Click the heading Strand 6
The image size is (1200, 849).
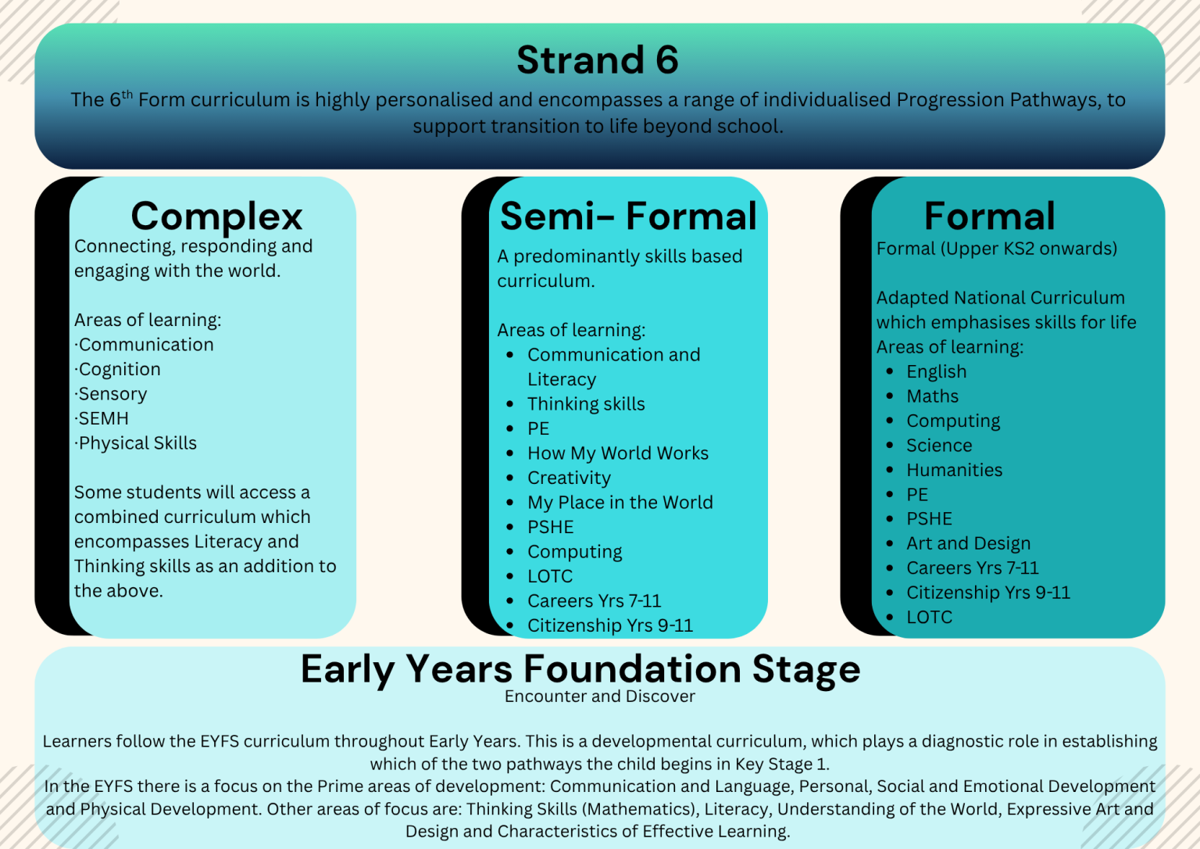pos(598,60)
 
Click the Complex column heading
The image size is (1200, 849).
pos(216,216)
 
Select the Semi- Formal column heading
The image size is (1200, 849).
pos(628,216)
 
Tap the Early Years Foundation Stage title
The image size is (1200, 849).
pos(580,669)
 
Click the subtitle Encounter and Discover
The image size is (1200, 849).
pos(599,697)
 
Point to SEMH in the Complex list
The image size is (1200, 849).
pos(103,418)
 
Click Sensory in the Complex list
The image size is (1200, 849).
pos(112,394)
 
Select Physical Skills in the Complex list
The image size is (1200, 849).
pos(137,443)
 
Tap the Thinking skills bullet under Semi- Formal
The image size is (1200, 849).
pos(586,404)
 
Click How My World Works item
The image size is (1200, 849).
pos(618,453)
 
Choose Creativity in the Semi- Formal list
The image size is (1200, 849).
pos(569,478)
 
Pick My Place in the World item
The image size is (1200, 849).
pos(620,503)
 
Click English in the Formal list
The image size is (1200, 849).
pos(936,372)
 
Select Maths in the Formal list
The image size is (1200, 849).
pos(932,396)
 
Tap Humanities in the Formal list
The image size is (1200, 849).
pos(954,470)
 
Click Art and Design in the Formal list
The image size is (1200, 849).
pos(968,543)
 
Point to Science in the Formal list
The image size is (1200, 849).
pos(939,446)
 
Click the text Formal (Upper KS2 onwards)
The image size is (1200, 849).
pos(996,249)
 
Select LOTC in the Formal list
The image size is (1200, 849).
pos(929,617)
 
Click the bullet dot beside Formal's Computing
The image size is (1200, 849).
pos(890,421)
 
